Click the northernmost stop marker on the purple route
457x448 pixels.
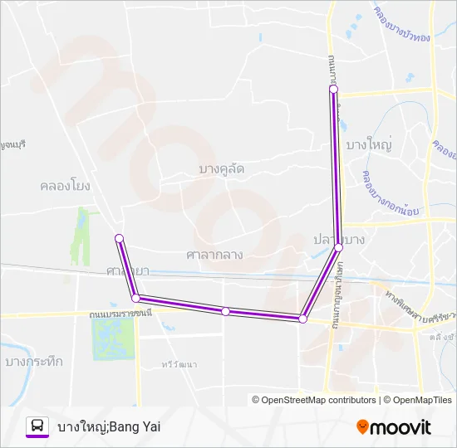(x=333, y=89)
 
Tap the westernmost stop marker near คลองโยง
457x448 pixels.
(x=119, y=239)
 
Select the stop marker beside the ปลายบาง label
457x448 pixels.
(x=338, y=247)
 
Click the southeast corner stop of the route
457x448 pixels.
(x=302, y=319)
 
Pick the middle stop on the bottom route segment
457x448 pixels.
(x=225, y=311)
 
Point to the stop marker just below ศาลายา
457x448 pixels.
(x=135, y=297)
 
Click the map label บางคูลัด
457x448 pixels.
(x=222, y=169)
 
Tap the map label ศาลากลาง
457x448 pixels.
(x=214, y=255)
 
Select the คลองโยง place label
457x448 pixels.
(x=64, y=185)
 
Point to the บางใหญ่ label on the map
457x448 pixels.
(x=372, y=144)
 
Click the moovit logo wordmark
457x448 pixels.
(x=401, y=427)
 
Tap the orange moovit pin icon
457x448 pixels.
(x=362, y=427)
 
